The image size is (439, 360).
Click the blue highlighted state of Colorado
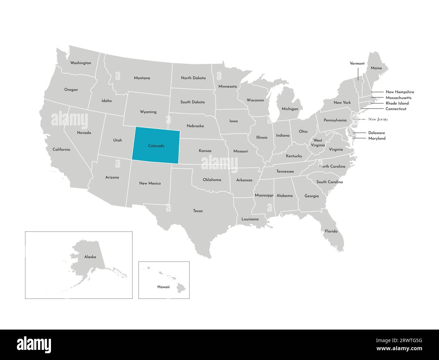tap(156, 146)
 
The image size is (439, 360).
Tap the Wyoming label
tap(148, 112)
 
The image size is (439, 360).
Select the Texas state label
tap(198, 211)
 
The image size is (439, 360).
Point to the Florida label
tap(331, 232)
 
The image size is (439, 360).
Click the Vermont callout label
tap(357, 64)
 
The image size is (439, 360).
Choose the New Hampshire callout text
tap(399, 92)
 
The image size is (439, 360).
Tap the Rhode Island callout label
tap(397, 103)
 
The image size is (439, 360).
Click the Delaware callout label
tap(377, 133)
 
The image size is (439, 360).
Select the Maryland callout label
tap(377, 138)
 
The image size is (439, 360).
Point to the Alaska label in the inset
tap(90, 257)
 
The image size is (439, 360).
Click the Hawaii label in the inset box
tap(163, 287)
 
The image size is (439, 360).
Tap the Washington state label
tap(80, 63)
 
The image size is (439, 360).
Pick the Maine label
tap(376, 68)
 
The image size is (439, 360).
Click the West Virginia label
tap(318, 143)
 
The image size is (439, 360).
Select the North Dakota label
tap(193, 78)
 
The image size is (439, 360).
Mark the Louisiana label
tap(250, 219)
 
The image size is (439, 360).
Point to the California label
tap(61, 149)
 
